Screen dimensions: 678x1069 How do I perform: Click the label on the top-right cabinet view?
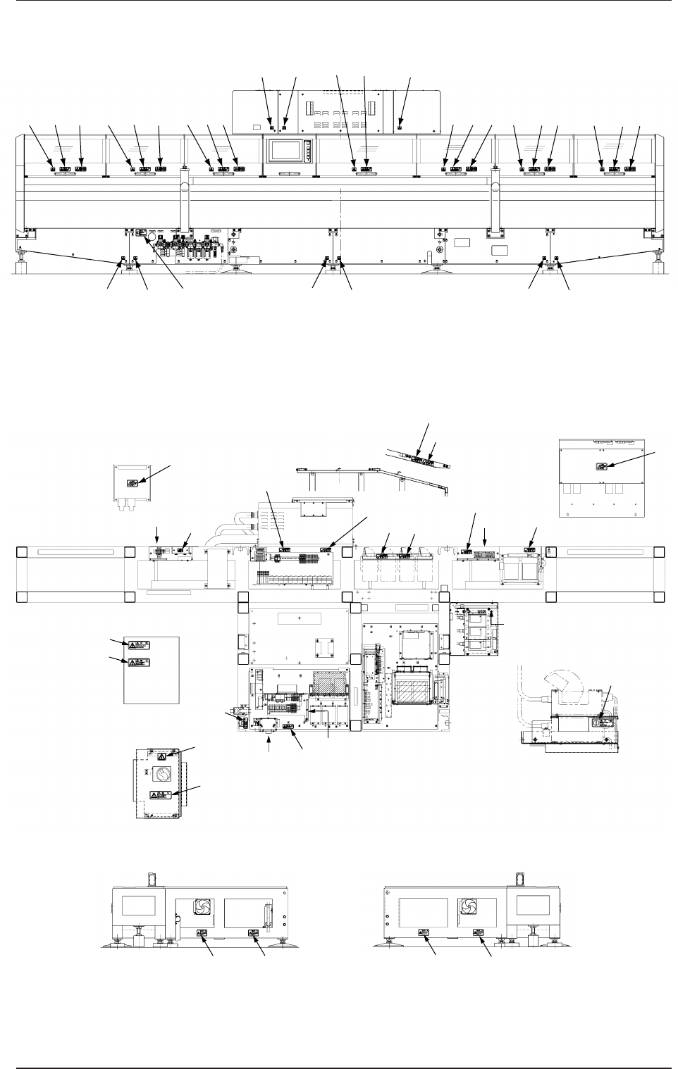[x=601, y=466]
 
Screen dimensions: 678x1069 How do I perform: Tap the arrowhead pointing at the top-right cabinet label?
[x=610, y=464]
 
